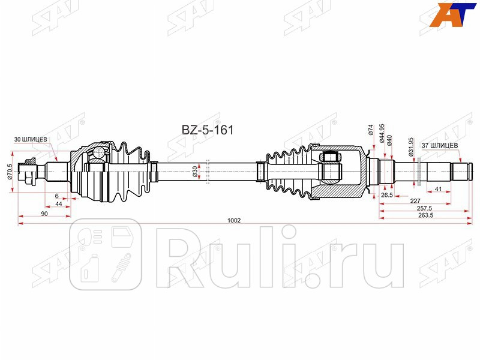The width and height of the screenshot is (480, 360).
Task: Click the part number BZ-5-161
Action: [208, 129]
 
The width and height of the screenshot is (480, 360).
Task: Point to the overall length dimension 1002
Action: [234, 220]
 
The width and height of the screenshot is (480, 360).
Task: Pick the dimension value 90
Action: [44, 214]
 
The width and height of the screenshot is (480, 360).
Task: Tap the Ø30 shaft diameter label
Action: [195, 172]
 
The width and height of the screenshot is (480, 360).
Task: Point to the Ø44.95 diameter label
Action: [382, 133]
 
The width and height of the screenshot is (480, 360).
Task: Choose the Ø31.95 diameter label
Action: [412, 146]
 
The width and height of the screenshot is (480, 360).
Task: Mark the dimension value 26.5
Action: [386, 195]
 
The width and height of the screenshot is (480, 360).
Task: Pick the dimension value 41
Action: [439, 190]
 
